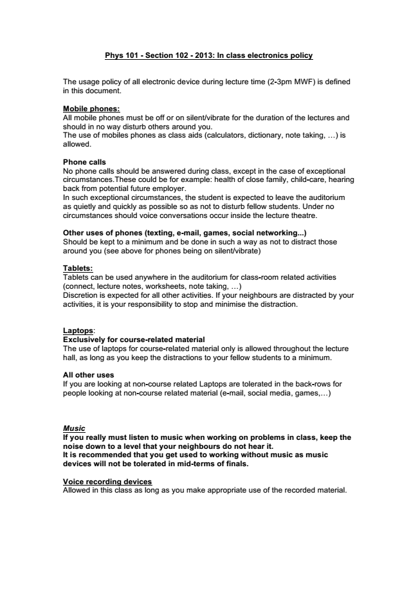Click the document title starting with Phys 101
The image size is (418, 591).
208,55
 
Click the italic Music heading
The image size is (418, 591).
74,428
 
